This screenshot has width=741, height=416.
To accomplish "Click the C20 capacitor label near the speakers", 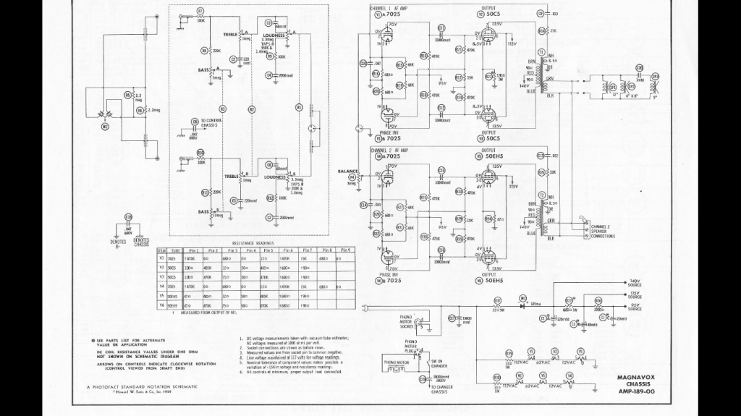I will (639, 68).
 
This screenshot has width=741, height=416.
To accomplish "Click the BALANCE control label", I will (348, 171).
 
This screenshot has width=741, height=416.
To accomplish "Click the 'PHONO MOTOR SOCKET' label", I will (410, 321).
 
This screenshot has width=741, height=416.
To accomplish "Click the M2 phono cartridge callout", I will (106, 127).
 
